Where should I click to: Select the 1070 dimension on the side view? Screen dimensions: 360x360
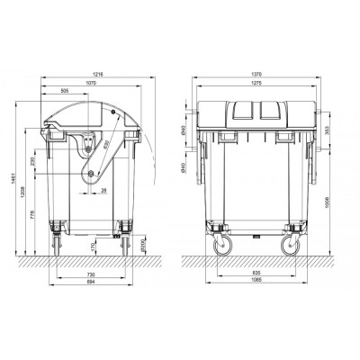[x=92, y=81]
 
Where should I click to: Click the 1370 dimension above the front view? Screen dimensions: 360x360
[x=257, y=71]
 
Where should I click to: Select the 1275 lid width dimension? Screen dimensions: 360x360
[x=257, y=81]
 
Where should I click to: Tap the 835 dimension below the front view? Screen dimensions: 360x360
[x=257, y=273]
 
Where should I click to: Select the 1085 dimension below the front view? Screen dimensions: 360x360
[x=257, y=282]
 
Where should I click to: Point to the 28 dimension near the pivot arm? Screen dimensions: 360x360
[x=104, y=191]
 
